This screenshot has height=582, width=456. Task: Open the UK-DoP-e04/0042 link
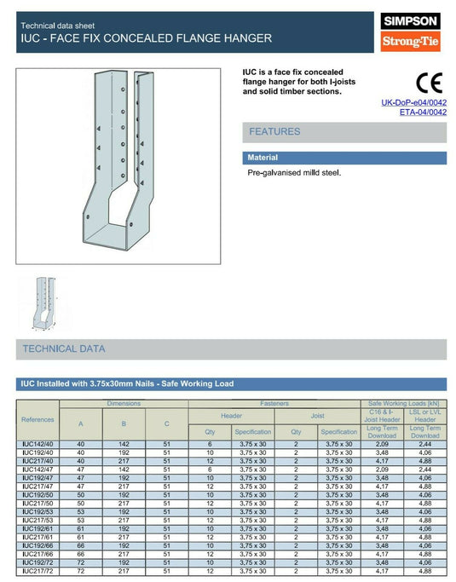coord(413,103)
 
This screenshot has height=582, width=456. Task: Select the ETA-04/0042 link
coord(423,112)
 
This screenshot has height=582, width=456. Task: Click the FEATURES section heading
coord(274,132)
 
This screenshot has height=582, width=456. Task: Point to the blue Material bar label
coord(263,158)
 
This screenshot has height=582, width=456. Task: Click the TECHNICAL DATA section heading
coord(64,349)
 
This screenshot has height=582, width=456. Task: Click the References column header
coord(38,419)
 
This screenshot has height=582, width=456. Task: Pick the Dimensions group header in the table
coord(124,403)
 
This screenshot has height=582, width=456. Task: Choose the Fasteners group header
coord(274,403)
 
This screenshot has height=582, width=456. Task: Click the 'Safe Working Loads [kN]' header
coord(403,403)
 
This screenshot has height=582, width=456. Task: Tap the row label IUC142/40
coord(38,445)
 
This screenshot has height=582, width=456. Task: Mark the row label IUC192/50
coord(38,494)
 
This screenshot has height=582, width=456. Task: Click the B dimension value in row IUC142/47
coord(124,470)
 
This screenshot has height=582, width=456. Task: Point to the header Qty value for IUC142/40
coord(210,445)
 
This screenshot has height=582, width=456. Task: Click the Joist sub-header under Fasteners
coord(318,416)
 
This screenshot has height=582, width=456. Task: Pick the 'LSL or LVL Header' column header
coord(424,424)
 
